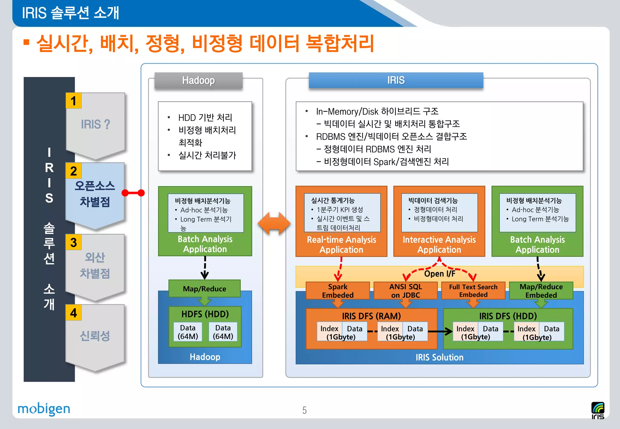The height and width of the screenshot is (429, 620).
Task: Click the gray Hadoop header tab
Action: tap(198, 80)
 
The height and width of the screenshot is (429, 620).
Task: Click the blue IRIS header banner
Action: tap(396, 80)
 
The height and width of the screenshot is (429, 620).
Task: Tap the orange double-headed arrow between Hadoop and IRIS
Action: tap(274, 224)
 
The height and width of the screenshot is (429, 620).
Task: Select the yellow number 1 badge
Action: tap(74, 101)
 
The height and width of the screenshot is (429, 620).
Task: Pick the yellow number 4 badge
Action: tap(74, 313)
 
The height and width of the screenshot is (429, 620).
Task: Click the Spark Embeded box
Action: tap(338, 291)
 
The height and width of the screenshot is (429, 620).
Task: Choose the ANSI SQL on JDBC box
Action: tap(405, 291)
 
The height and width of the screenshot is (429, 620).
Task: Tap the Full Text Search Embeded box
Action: tap(473, 291)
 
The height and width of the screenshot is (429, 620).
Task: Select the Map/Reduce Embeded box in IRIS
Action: tap(541, 291)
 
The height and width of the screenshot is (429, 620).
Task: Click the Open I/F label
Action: tap(440, 274)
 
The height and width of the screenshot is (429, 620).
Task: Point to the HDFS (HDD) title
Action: tap(205, 314)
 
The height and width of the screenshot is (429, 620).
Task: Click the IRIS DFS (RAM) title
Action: tap(371, 316)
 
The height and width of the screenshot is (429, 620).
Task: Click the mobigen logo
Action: tap(44, 409)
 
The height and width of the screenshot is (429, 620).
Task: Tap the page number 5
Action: tap(304, 410)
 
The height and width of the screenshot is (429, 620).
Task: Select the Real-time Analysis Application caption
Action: tap(341, 245)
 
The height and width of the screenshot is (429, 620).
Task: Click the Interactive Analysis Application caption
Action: tap(439, 245)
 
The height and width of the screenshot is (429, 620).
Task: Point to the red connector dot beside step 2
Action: tap(141, 193)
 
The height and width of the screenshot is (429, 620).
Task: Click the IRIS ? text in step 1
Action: tap(95, 124)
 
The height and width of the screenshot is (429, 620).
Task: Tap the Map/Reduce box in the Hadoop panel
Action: tap(204, 289)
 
